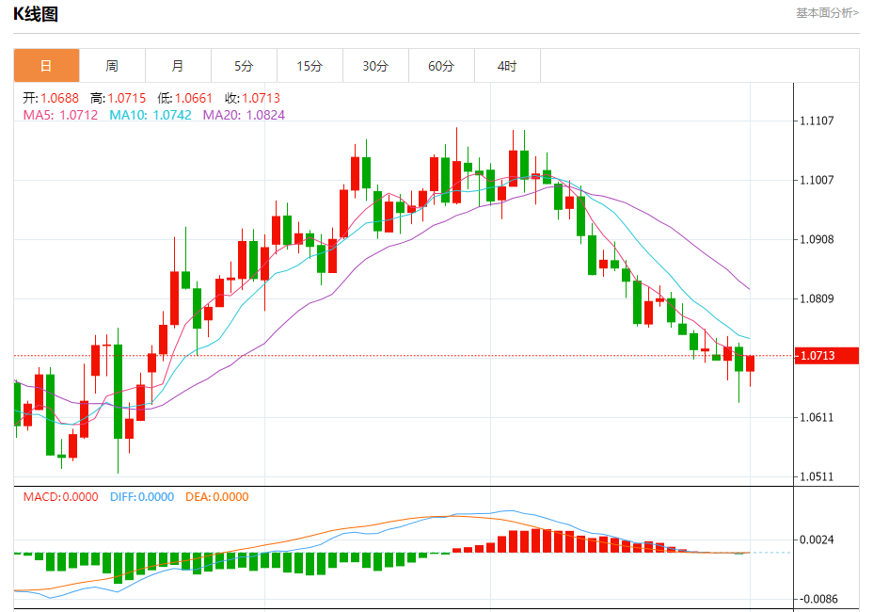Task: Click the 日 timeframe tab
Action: point(46,66)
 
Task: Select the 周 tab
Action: point(112,66)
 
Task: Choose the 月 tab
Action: point(178,66)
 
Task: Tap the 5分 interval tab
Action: point(244,66)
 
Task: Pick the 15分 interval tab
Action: point(310,66)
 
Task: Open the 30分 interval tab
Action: point(375,66)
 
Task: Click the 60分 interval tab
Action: point(441,66)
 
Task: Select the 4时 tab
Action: point(507,66)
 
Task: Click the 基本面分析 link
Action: point(827,12)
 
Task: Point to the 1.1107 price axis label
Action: point(817,121)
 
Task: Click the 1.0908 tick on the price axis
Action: point(817,239)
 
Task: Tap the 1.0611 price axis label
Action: point(817,417)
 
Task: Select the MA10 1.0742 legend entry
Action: point(151,115)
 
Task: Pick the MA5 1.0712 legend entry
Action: point(60,115)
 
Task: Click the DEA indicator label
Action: point(216,497)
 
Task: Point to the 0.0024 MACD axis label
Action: point(817,540)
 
